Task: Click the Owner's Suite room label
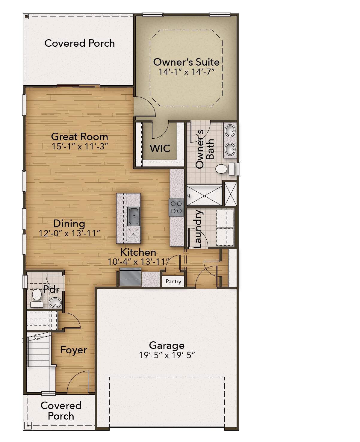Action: tap(186, 62)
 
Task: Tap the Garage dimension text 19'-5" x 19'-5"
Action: tap(167, 355)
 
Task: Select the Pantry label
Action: tap(173, 281)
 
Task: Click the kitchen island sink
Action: tap(133, 216)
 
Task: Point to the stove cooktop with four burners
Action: tap(176, 207)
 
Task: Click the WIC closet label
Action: tap(160, 149)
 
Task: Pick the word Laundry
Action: tap(198, 229)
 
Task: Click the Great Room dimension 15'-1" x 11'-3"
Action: tap(79, 146)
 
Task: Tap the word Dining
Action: tap(69, 223)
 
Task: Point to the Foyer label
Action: tap(74, 350)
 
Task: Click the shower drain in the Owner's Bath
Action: tap(204, 196)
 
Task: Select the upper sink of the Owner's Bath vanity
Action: tap(230, 131)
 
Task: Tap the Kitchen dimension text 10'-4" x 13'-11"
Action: tap(138, 262)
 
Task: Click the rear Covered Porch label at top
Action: tap(79, 43)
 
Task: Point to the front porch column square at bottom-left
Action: tap(28, 425)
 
